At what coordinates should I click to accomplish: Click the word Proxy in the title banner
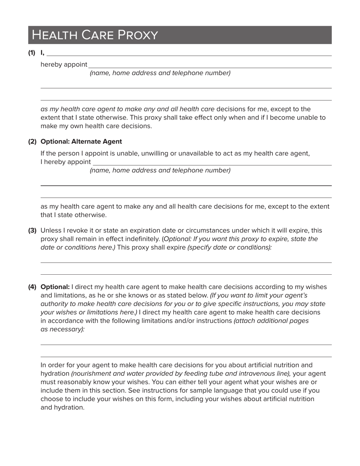click(x=138, y=35)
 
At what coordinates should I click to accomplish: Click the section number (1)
click(x=32, y=53)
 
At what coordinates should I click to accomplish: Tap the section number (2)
click(x=32, y=141)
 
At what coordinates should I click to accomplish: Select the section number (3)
click(x=32, y=230)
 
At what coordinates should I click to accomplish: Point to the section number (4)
click(x=32, y=287)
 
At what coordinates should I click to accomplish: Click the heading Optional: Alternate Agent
click(x=81, y=141)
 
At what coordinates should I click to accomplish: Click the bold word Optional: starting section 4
click(x=55, y=287)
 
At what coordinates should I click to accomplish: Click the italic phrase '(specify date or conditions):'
click(x=230, y=247)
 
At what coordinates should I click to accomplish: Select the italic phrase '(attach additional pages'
click(x=271, y=321)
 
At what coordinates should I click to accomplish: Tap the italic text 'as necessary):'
click(x=63, y=329)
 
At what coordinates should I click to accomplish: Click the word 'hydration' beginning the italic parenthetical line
click(x=55, y=374)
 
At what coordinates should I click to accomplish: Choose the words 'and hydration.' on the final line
click(x=62, y=407)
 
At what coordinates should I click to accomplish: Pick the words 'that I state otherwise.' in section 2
click(x=74, y=215)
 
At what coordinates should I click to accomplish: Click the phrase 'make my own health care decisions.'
click(x=96, y=126)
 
